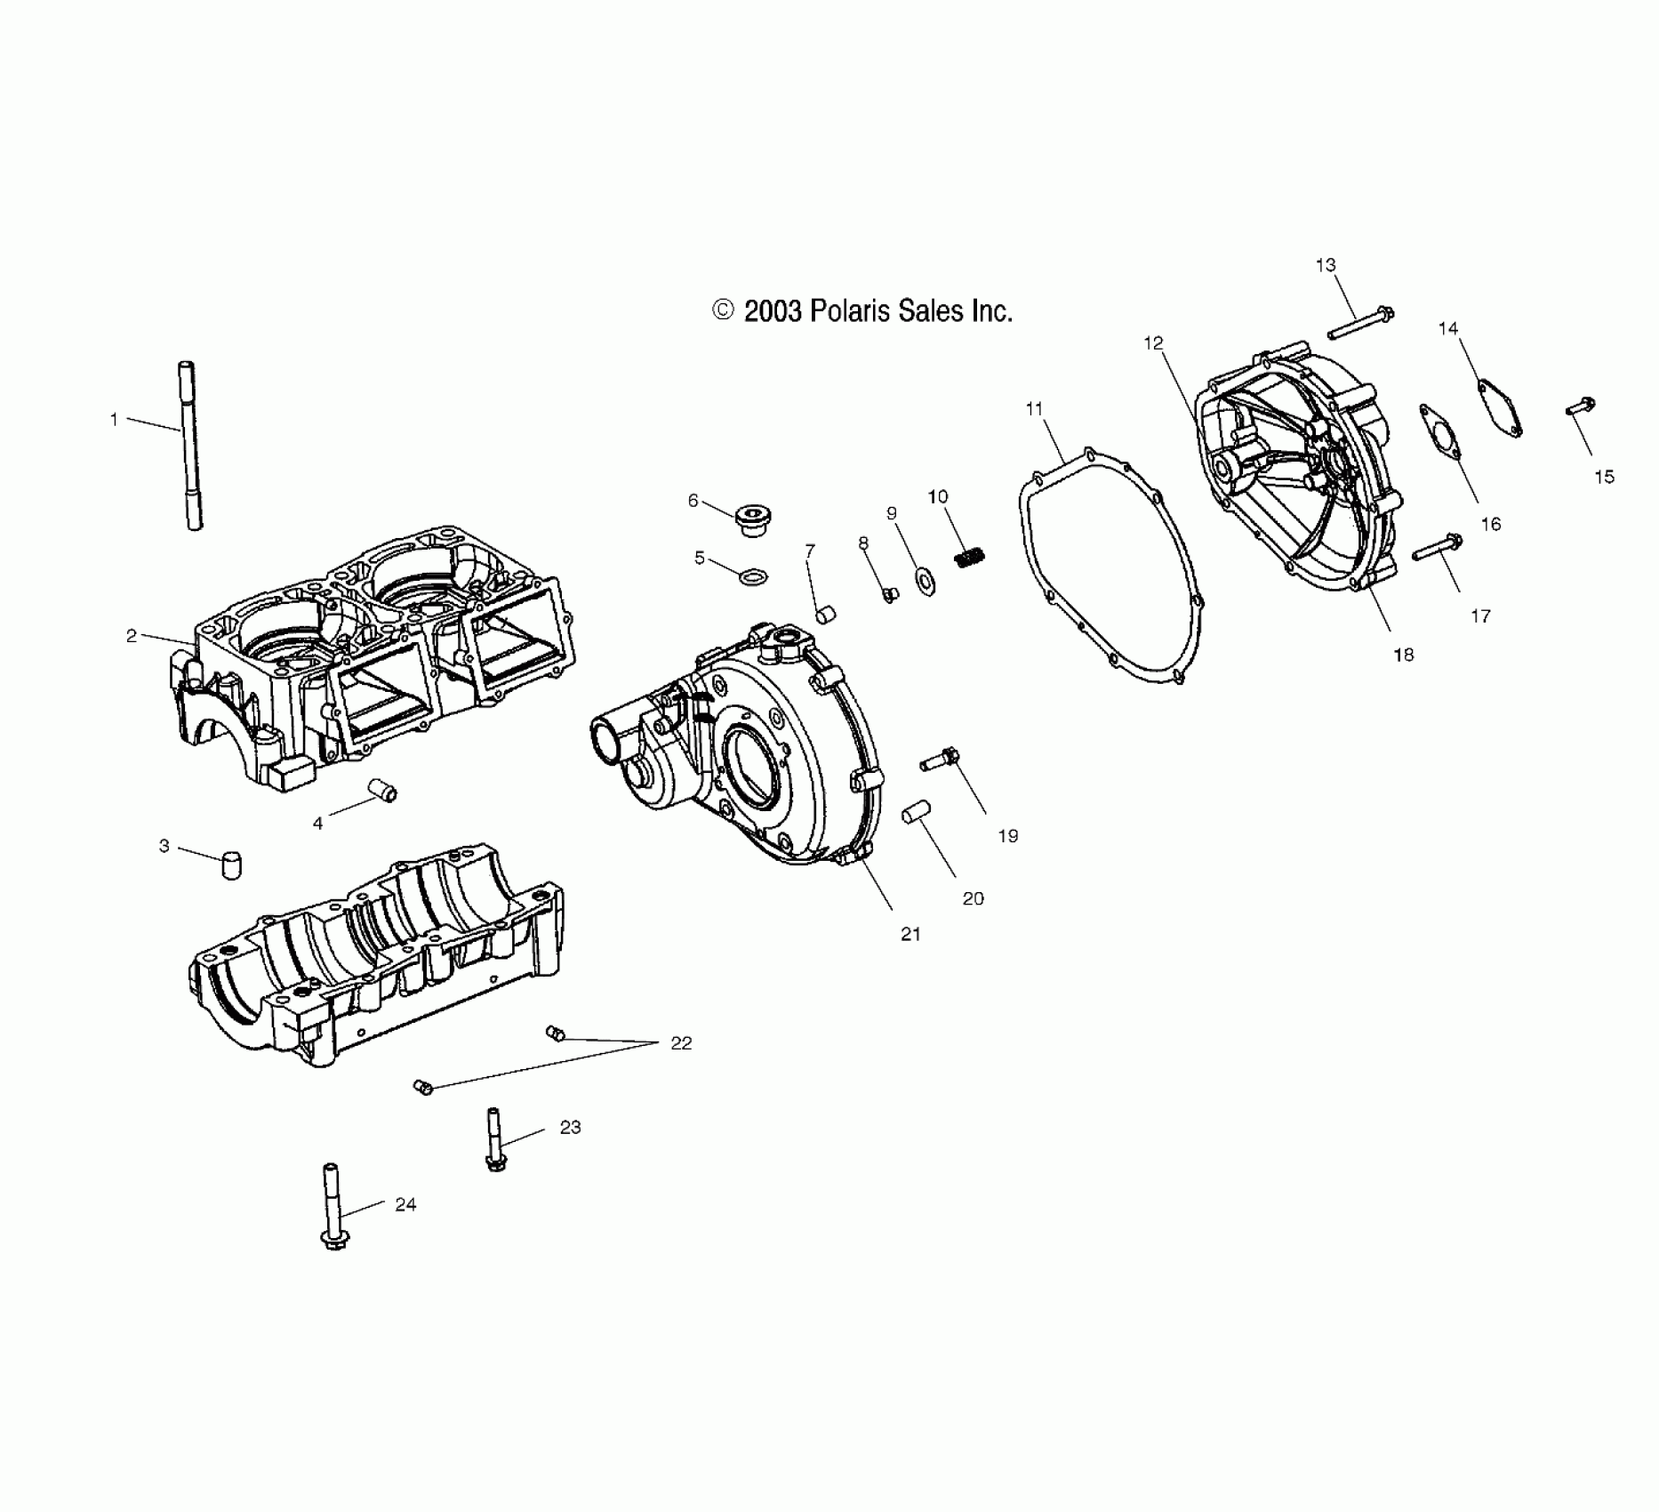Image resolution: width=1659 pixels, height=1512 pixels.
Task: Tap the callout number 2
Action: coord(132,636)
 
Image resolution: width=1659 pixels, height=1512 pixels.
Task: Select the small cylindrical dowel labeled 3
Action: coord(231,865)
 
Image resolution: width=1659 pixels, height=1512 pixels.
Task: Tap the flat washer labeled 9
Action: coord(926,582)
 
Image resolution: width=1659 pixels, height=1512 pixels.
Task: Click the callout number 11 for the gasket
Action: coord(1033,409)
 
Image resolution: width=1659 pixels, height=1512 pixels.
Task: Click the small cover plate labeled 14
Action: coord(1500,408)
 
